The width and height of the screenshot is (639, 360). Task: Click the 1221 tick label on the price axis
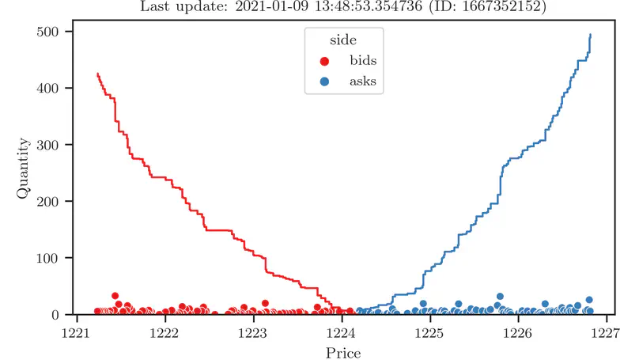(x=77, y=333)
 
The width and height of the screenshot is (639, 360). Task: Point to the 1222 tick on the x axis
(x=165, y=333)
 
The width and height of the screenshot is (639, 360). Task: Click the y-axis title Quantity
(x=25, y=173)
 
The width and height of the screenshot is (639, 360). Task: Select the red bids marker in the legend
(x=325, y=61)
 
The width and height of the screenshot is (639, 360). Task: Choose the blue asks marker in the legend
(x=325, y=81)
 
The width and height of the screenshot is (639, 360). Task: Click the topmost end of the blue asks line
(x=591, y=35)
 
